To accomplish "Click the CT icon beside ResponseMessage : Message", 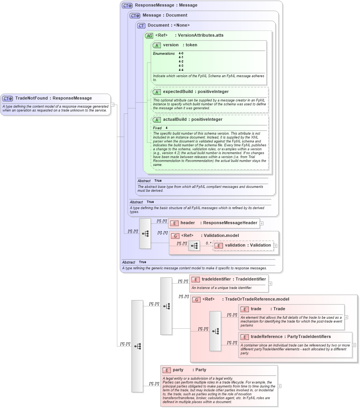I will coord(127,5).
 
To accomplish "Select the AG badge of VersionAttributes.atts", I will coord(149,35).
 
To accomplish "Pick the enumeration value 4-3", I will coord(181,66).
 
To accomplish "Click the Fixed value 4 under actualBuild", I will coord(167,128).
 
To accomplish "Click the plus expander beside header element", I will coord(262,223).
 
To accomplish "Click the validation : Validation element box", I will coord(243,245).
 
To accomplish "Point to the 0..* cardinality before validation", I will coord(209,243).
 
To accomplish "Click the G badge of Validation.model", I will coord(175,236).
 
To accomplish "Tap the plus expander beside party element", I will coord(279,386).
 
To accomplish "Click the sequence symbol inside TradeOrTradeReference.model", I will coord(215,331).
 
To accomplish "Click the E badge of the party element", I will coord(166,370).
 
